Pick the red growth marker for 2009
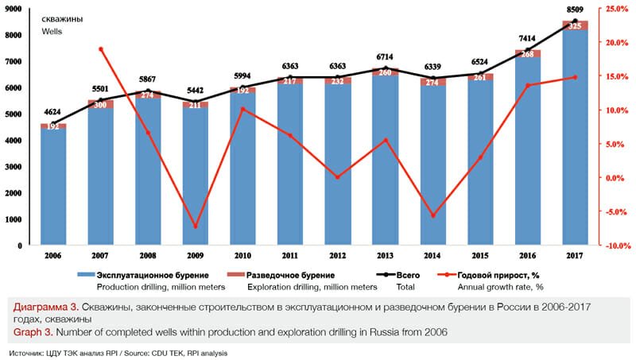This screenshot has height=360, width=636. pos(194,226)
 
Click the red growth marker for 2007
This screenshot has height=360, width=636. pos(101,49)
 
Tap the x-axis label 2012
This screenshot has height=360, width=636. pos(338,256)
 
